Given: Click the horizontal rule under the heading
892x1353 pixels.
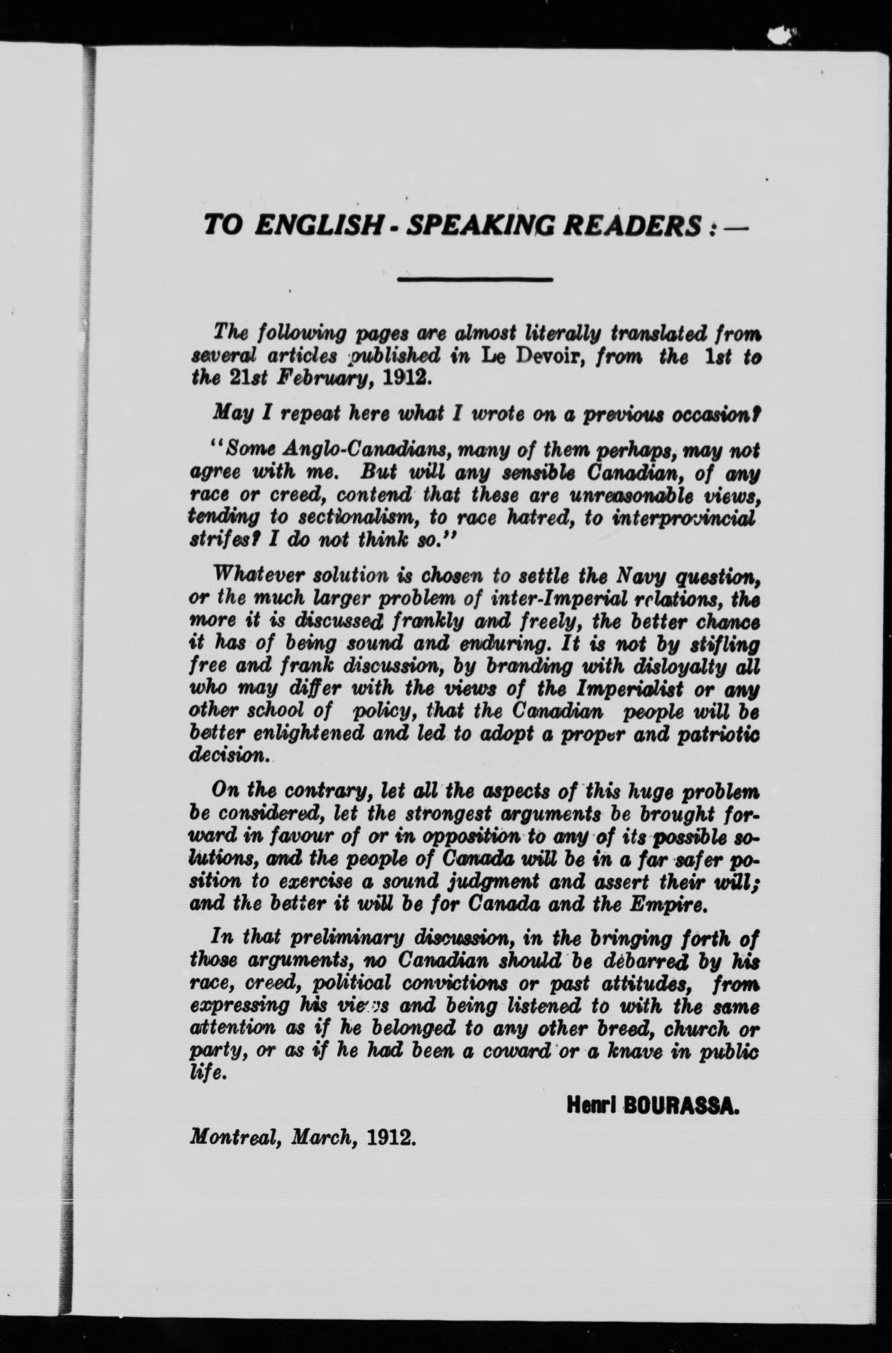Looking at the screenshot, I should [x=475, y=279].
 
